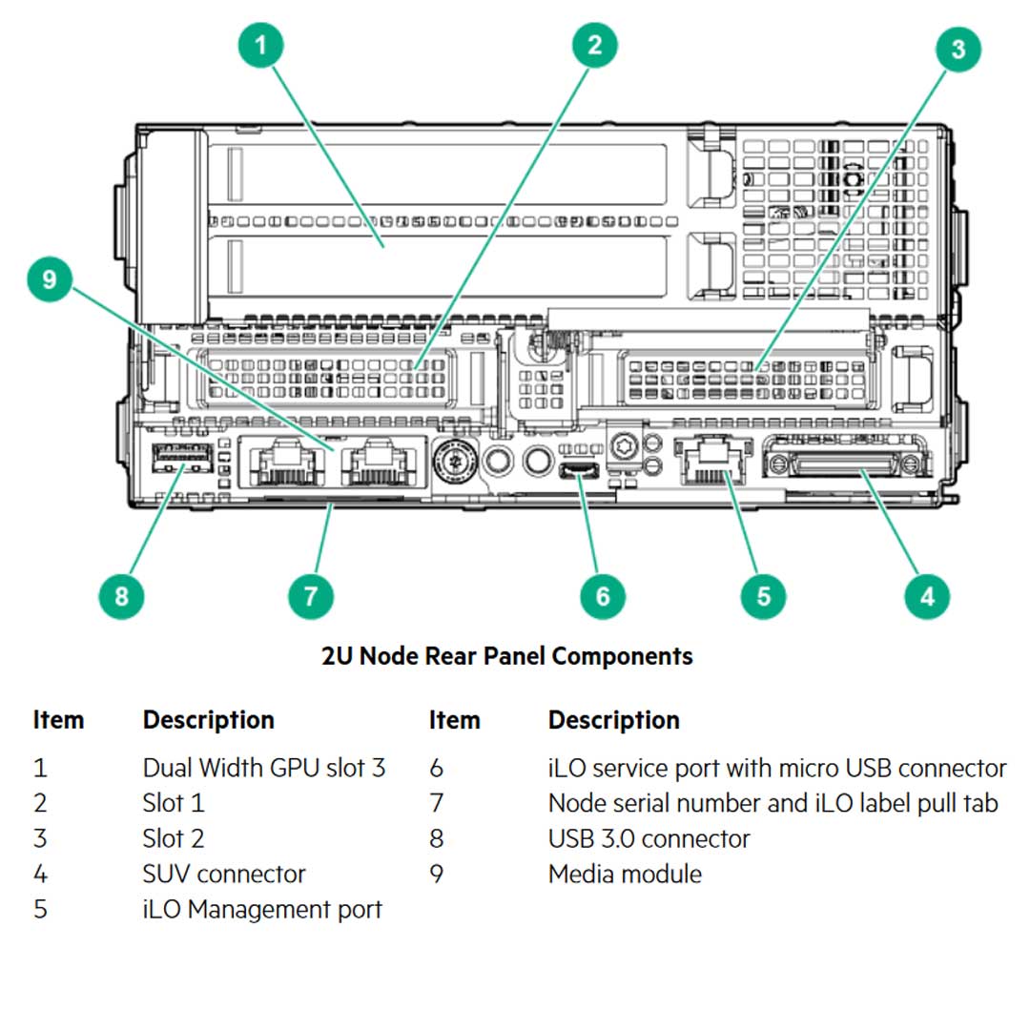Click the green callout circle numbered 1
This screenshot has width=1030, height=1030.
click(x=261, y=45)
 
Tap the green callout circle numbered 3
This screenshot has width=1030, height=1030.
click(x=958, y=48)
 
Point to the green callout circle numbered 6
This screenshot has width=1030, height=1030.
click(x=603, y=596)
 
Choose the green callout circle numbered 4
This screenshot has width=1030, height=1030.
click(x=927, y=596)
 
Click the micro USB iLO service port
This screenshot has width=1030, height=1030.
click(x=577, y=469)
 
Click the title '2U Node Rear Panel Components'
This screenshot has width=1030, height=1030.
click(x=507, y=656)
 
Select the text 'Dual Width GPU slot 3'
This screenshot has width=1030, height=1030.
click(x=264, y=768)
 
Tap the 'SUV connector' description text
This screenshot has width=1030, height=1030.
click(x=224, y=874)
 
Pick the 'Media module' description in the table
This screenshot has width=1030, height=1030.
click(x=625, y=874)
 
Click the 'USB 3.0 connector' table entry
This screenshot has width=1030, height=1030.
click(x=649, y=838)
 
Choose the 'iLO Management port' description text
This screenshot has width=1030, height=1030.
click(x=262, y=909)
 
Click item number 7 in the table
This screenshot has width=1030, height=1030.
click(x=436, y=803)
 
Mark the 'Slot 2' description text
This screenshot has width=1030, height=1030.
click(x=174, y=838)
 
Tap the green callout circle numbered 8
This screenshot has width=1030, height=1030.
click(x=121, y=596)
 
